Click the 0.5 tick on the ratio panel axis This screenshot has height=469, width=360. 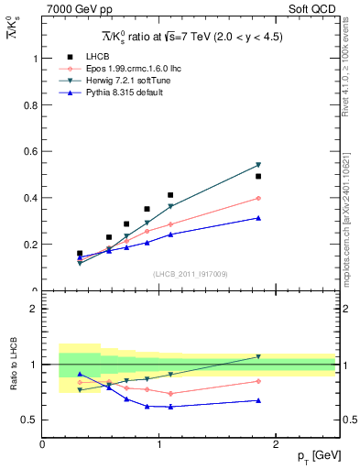tap(32, 420)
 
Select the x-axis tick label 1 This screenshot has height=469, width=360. tap(159, 444)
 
